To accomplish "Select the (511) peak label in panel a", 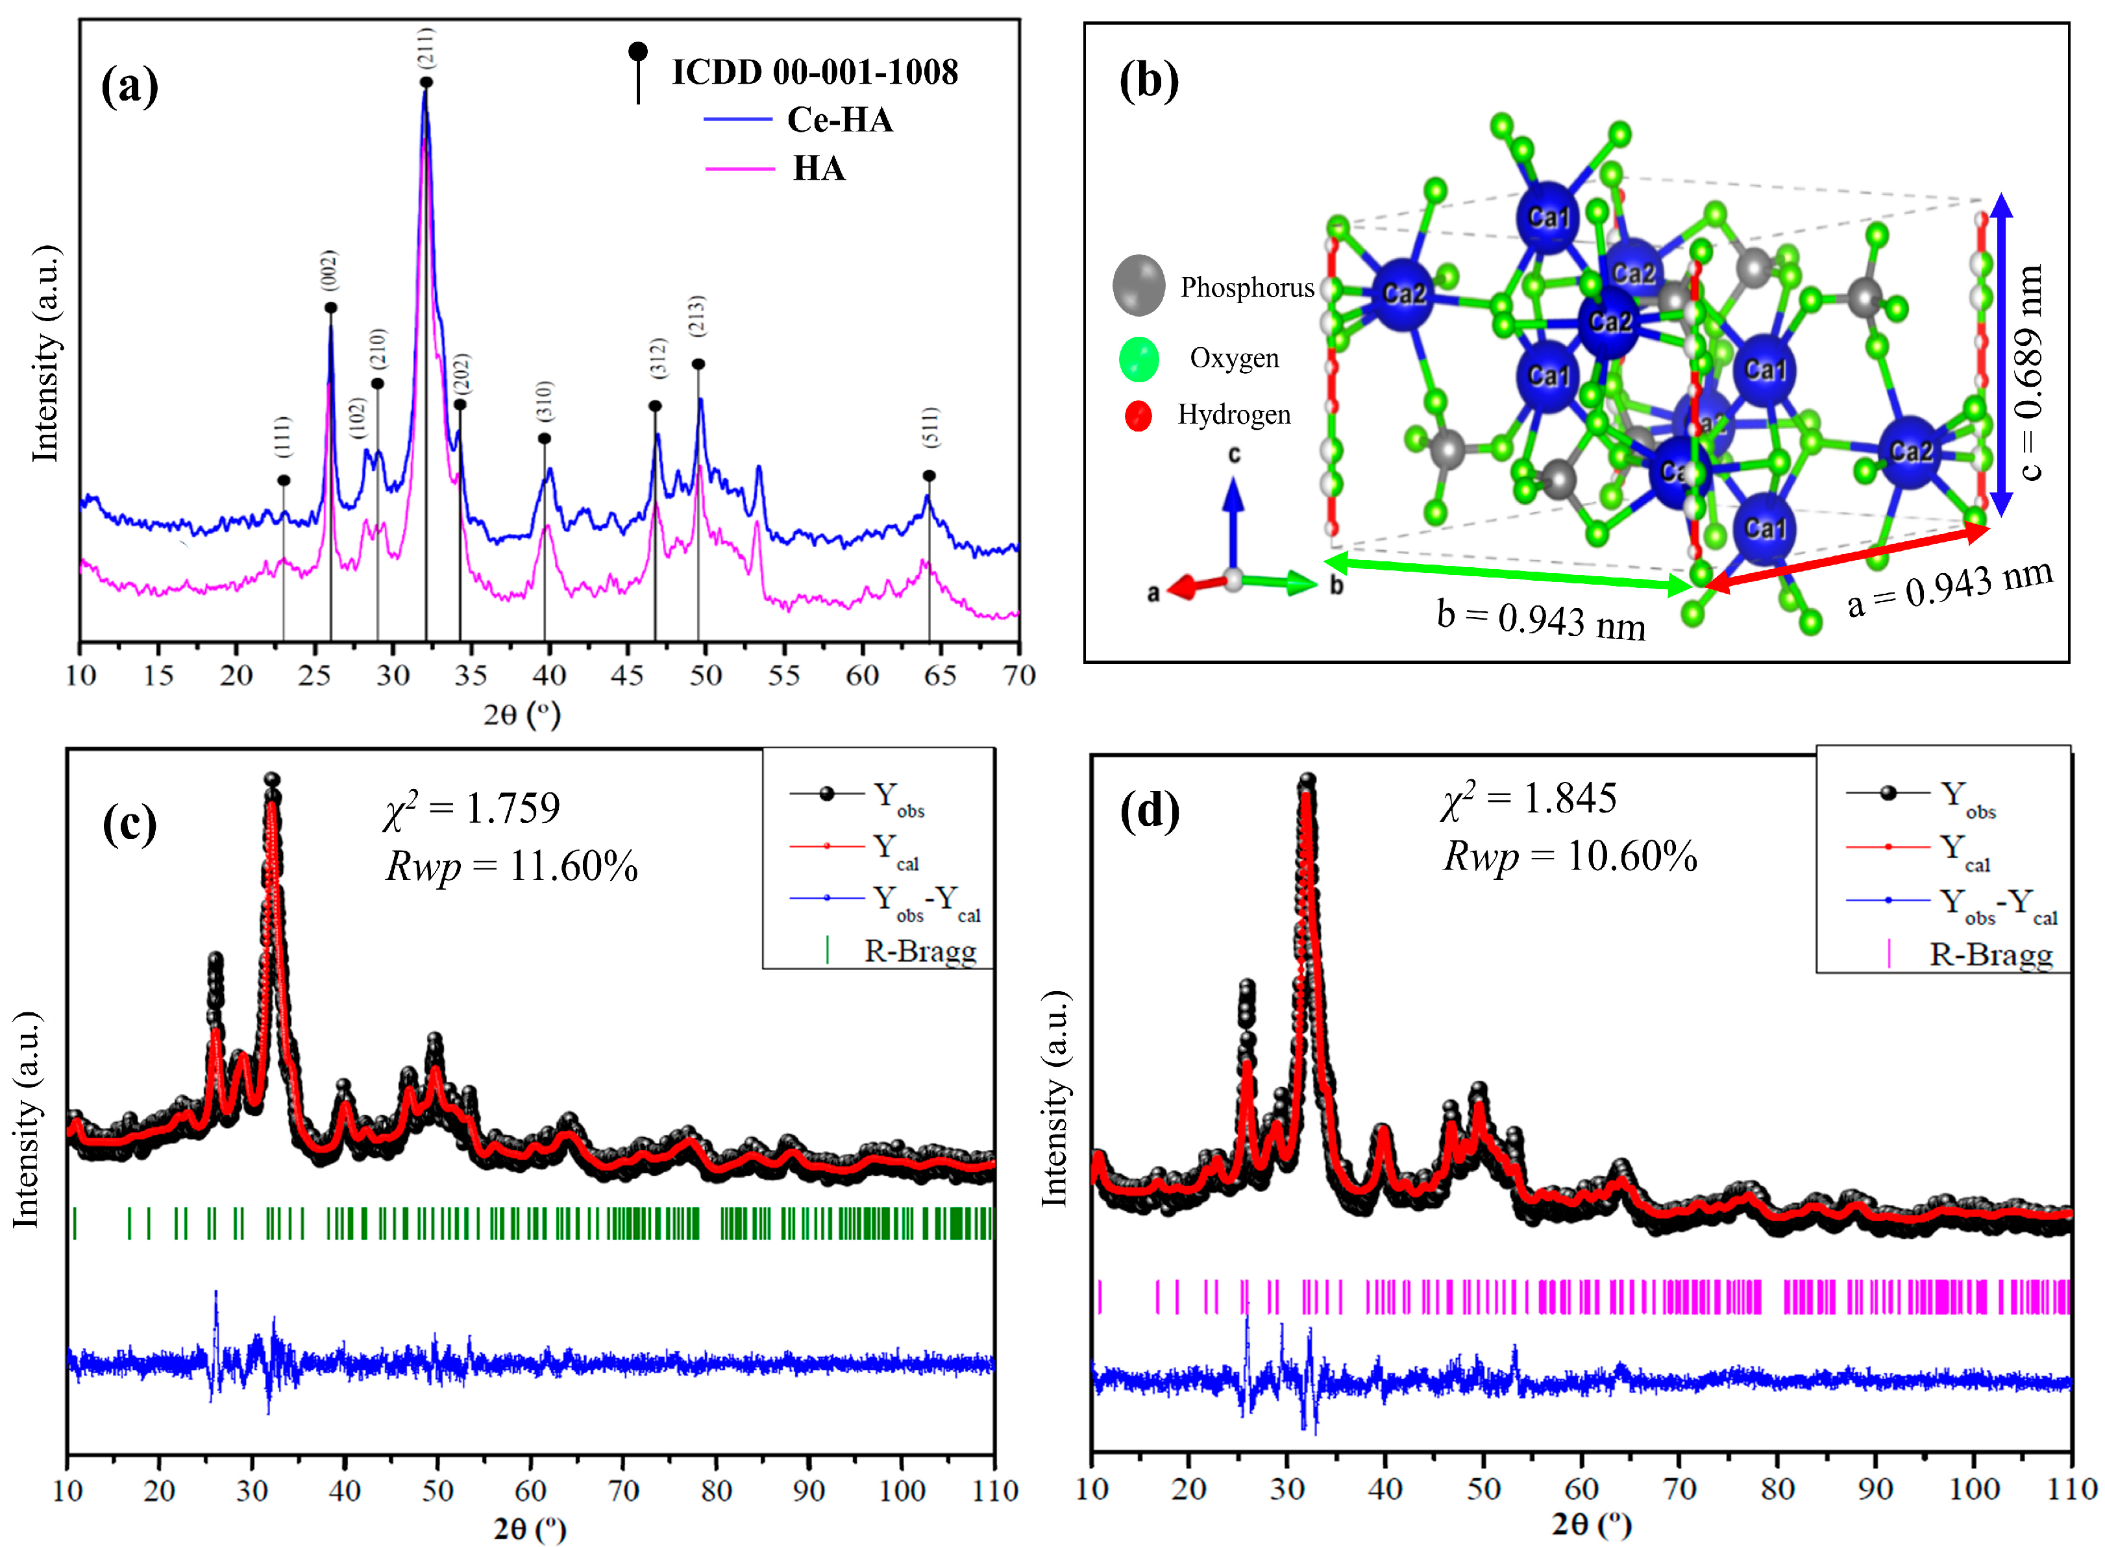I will [929, 427].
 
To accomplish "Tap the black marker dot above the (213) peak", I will [698, 364].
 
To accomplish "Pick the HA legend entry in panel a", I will [819, 169].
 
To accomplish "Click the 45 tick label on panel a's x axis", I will [627, 675].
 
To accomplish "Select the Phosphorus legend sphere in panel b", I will [1139, 285].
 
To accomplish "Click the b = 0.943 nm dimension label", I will [1541, 619].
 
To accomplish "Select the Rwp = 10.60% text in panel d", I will [1570, 856].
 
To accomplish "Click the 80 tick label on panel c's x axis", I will [717, 1490].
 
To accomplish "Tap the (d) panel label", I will [1150, 812].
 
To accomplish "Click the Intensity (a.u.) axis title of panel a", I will [45, 354].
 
